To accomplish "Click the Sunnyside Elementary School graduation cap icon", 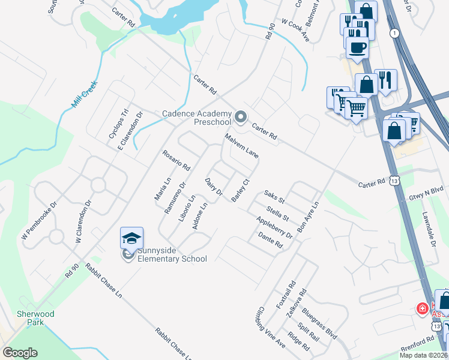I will coord(132,238).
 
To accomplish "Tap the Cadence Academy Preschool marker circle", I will coord(241,117).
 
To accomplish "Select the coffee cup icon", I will coord(358,47).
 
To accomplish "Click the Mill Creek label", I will coord(83,95).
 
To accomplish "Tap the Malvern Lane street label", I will coord(242,146).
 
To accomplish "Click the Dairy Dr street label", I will coord(214,187).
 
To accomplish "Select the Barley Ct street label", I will coord(240,190).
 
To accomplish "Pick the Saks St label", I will coord(274,196).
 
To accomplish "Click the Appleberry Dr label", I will coord(274,227).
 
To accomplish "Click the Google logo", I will coord(20,353).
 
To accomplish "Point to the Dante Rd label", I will coord(270,241).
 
